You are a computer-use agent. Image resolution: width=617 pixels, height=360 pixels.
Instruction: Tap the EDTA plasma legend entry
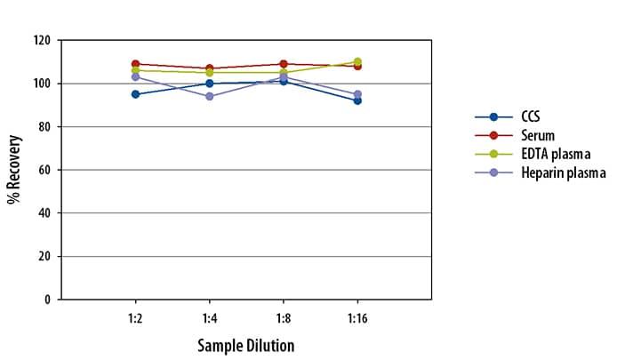coord(551,154)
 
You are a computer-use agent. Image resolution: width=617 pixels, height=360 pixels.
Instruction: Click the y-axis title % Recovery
coord(14,170)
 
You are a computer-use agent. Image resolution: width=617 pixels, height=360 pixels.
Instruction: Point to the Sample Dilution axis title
coord(245,344)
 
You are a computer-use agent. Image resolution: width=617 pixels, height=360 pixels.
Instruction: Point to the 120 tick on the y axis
coord(41,41)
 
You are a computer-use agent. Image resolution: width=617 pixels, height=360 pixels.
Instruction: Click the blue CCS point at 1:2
coord(134,94)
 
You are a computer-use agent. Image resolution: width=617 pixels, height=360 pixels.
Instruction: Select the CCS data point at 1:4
coord(209,84)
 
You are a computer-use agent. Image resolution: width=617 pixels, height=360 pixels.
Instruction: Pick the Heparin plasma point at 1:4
coord(209,96)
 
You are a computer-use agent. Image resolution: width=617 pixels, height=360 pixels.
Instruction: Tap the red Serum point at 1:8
coord(284,64)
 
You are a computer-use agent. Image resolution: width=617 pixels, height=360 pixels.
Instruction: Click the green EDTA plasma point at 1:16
coord(357,62)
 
